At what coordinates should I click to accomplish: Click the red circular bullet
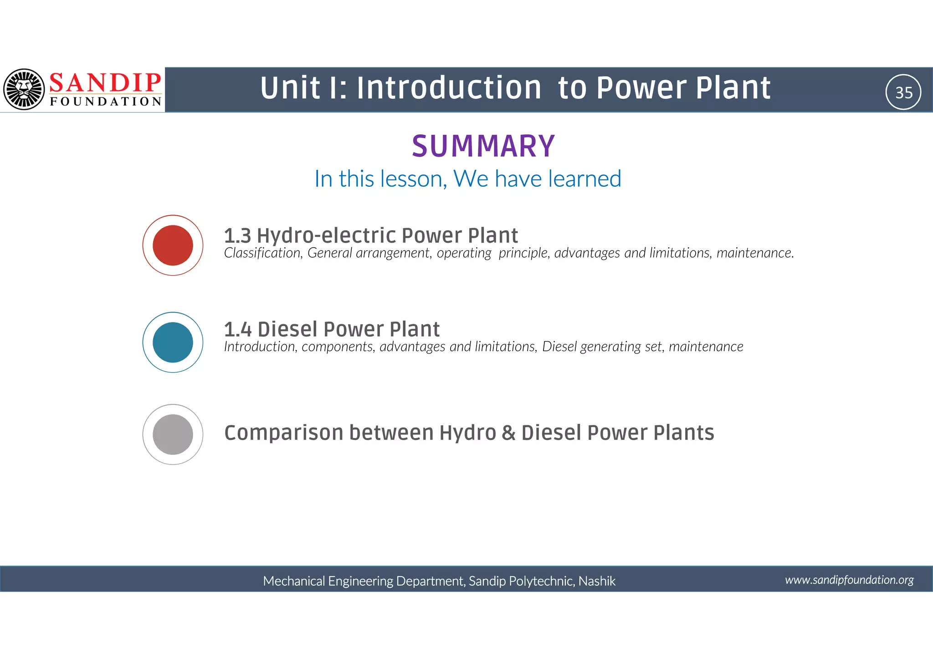pyautogui.click(x=173, y=245)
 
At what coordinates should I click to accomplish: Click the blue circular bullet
pyautogui.click(x=173, y=342)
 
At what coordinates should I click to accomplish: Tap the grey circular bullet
pyautogui.click(x=173, y=434)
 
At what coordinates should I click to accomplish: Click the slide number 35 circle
pyautogui.click(x=903, y=92)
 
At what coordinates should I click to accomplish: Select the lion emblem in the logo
pyautogui.click(x=24, y=89)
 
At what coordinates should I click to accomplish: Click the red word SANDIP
pyautogui.click(x=105, y=82)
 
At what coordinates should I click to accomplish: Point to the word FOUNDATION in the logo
pyautogui.click(x=106, y=102)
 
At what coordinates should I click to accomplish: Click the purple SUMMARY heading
pyautogui.click(x=483, y=146)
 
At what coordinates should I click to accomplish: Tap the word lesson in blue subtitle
pyautogui.click(x=413, y=179)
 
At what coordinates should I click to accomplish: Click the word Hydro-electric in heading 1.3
pyautogui.click(x=326, y=235)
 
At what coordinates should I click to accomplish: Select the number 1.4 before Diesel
pyautogui.click(x=237, y=329)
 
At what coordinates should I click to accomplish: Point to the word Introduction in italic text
pyautogui.click(x=260, y=347)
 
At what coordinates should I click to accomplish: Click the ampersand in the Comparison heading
pyautogui.click(x=508, y=433)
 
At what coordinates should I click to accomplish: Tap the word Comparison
pyautogui.click(x=283, y=433)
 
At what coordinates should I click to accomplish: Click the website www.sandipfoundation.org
pyautogui.click(x=849, y=580)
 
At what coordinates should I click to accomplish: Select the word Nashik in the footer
pyautogui.click(x=597, y=581)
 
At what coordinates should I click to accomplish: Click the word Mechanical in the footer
pyautogui.click(x=294, y=581)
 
